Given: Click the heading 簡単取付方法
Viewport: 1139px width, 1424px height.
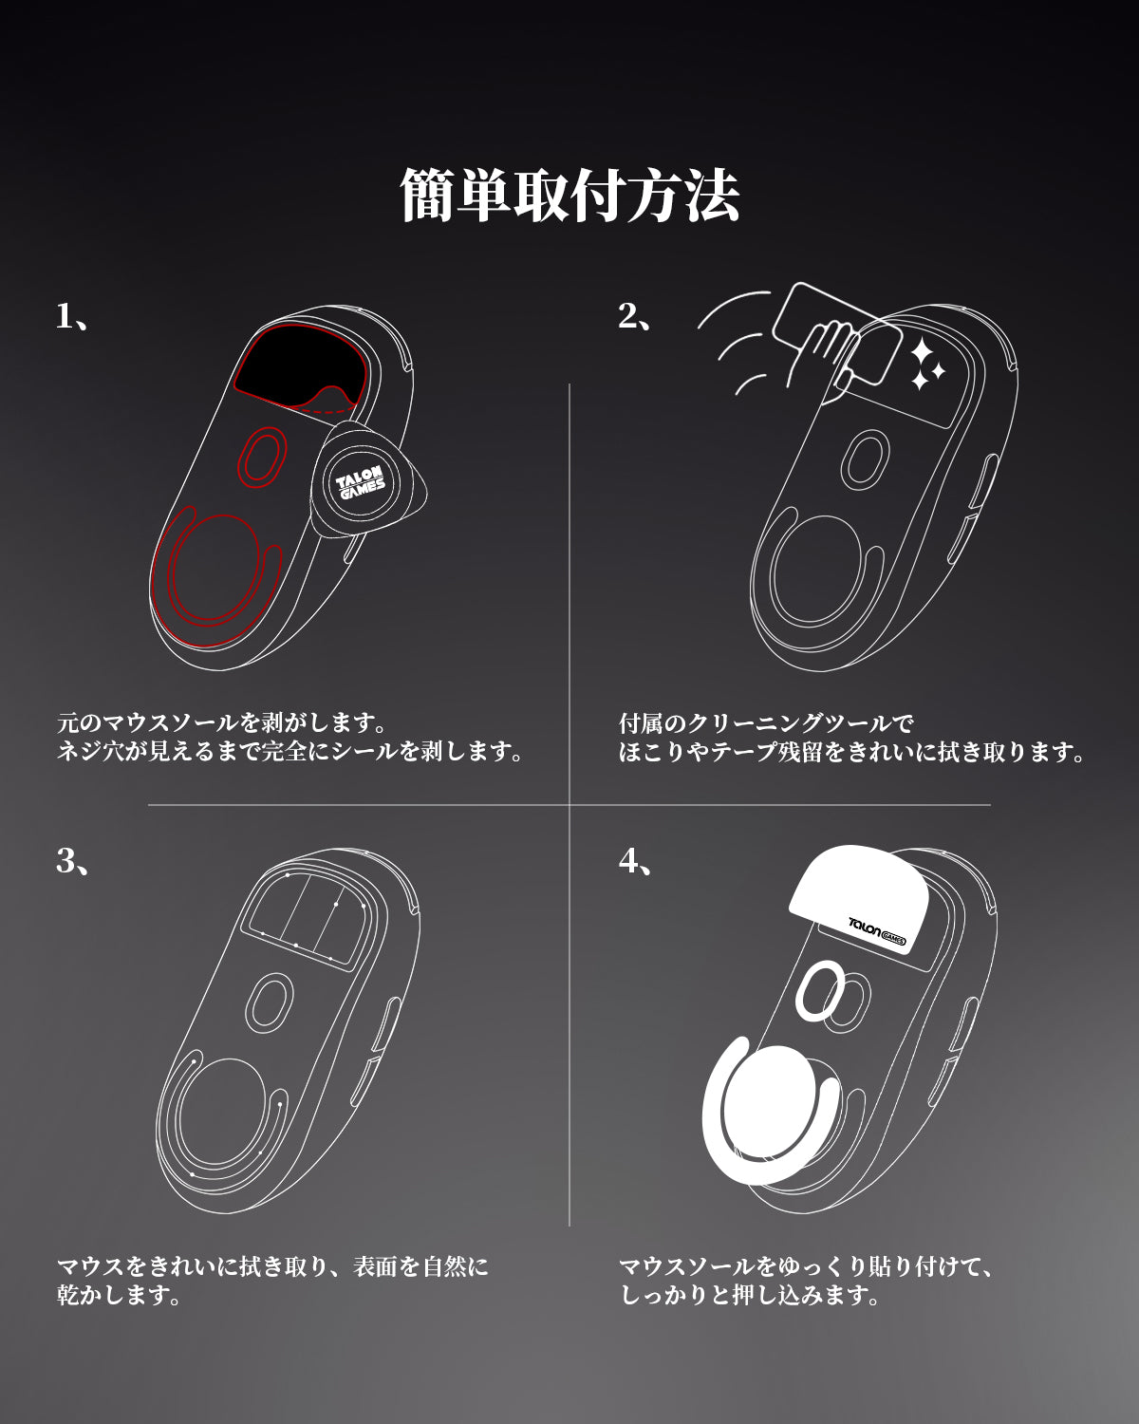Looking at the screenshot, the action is pos(569,195).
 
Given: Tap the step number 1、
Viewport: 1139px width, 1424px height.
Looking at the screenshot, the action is pos(73,316).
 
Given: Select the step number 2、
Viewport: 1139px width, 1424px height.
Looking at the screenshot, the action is pos(635,316).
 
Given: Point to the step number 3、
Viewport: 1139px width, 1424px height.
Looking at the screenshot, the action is pos(73,861).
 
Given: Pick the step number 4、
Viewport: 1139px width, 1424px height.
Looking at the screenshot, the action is pos(635,861).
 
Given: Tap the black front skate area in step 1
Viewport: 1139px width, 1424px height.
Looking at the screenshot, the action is pos(299,365).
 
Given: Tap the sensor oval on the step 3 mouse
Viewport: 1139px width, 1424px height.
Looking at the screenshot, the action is pos(270,1002).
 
